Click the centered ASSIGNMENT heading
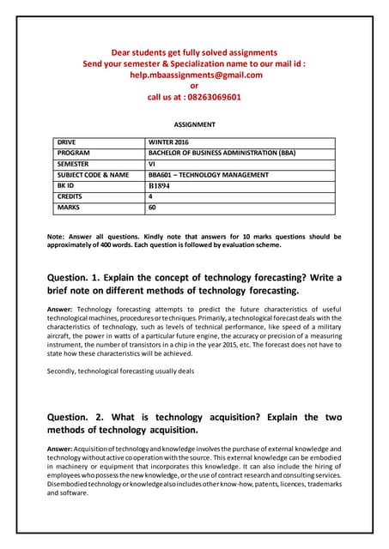(194, 124)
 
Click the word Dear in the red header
(125, 51)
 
